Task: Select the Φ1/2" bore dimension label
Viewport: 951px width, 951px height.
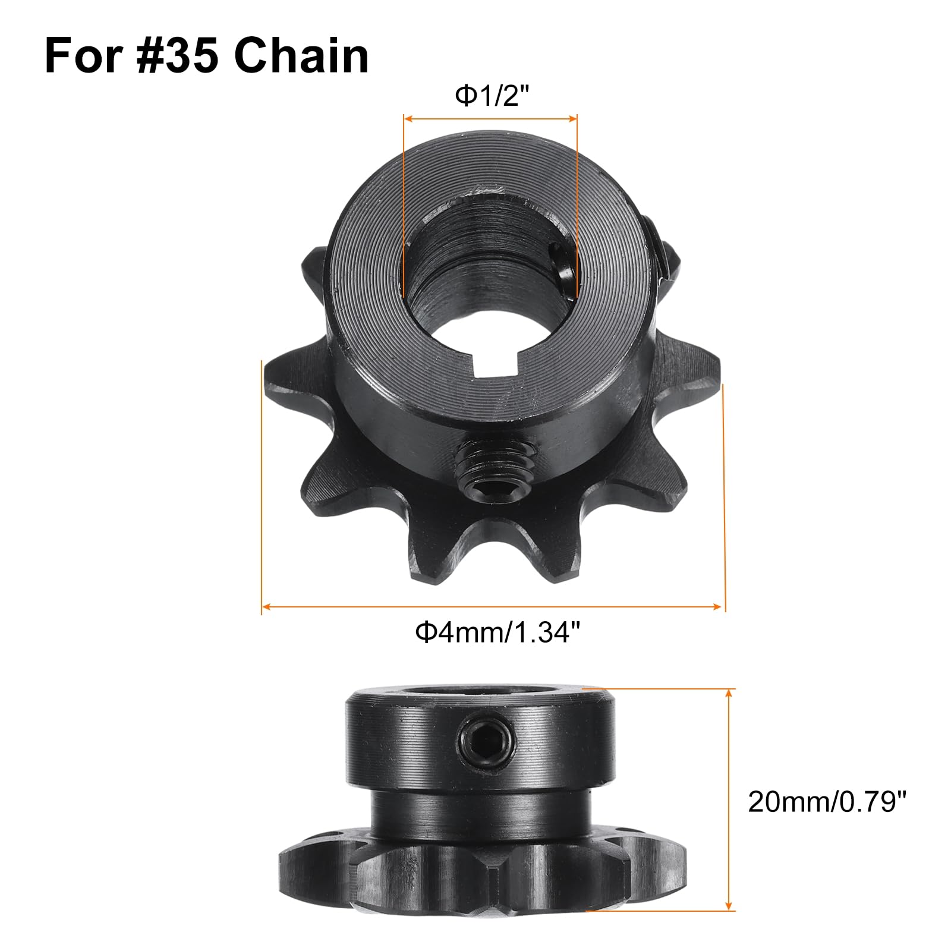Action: click(x=492, y=96)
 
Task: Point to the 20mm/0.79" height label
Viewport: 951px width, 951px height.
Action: click(x=827, y=802)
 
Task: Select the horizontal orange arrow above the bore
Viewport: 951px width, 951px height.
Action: click(x=490, y=118)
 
